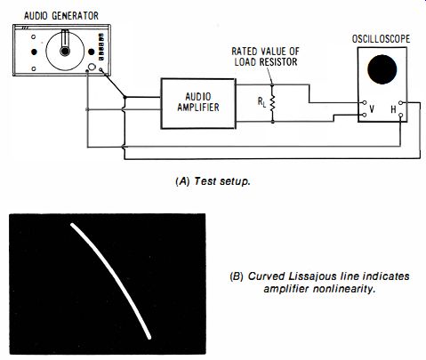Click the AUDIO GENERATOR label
[61, 16]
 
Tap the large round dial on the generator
[65, 52]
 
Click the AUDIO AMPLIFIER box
[198, 103]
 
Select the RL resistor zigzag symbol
[272, 103]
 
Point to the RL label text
[261, 102]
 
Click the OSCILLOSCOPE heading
[381, 39]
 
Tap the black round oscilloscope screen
[382, 69]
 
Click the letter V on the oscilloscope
[372, 109]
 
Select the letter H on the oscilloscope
[393, 109]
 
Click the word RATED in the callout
[244, 52]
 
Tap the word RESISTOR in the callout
[278, 62]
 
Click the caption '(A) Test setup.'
[213, 181]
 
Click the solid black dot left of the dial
[34, 52]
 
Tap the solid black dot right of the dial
[92, 52]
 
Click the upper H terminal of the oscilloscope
[400, 103]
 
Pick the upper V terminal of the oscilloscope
[365, 103]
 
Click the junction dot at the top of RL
[272, 85]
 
